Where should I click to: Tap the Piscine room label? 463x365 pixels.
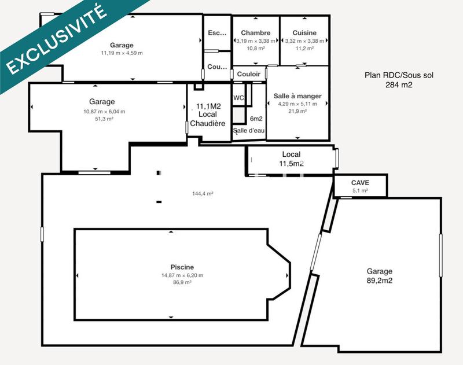pyautogui.click(x=182, y=267)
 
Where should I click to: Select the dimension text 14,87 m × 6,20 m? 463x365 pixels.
pyautogui.click(x=182, y=275)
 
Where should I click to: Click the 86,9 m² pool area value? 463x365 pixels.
pyautogui.click(x=182, y=283)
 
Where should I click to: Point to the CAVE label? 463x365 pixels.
pyautogui.click(x=360, y=182)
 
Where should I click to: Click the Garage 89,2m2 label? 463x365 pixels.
pyautogui.click(x=379, y=276)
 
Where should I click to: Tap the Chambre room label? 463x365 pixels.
pyautogui.click(x=256, y=33)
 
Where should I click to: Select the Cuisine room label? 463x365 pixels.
pyautogui.click(x=304, y=33)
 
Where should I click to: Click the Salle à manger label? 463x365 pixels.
pyautogui.click(x=297, y=95)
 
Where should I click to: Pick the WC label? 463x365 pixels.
pyautogui.click(x=238, y=98)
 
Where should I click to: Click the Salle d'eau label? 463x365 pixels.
pyautogui.click(x=249, y=131)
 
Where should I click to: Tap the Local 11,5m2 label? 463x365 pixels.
pyautogui.click(x=291, y=159)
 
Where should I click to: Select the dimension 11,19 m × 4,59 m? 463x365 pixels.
pyautogui.click(x=122, y=53)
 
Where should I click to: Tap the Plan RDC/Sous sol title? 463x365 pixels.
pyautogui.click(x=399, y=75)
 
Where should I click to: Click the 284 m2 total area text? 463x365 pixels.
pyautogui.click(x=399, y=84)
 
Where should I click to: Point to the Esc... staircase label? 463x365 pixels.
pyautogui.click(x=217, y=33)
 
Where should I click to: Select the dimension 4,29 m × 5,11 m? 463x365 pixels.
pyautogui.click(x=297, y=104)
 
